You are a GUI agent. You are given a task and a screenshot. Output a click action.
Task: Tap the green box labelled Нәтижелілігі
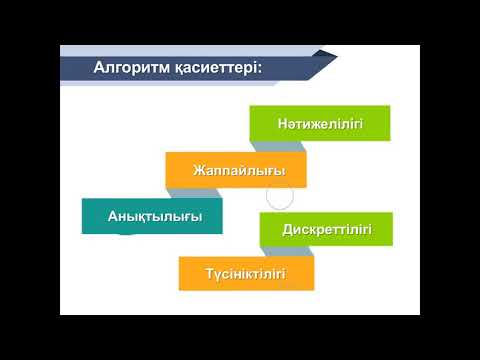pos(319,124)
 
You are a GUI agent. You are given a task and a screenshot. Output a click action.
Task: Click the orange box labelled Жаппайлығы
pos(236,170)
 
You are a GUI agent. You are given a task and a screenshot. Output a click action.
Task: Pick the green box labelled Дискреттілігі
pos(327,230)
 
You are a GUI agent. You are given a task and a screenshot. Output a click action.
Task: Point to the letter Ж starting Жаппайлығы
pos(197,170)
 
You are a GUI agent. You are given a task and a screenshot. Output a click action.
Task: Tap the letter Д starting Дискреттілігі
pos(287,230)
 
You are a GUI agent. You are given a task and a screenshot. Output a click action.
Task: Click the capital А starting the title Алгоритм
pos(98,67)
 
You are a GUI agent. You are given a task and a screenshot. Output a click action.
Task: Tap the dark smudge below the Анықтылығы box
pos(125,236)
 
